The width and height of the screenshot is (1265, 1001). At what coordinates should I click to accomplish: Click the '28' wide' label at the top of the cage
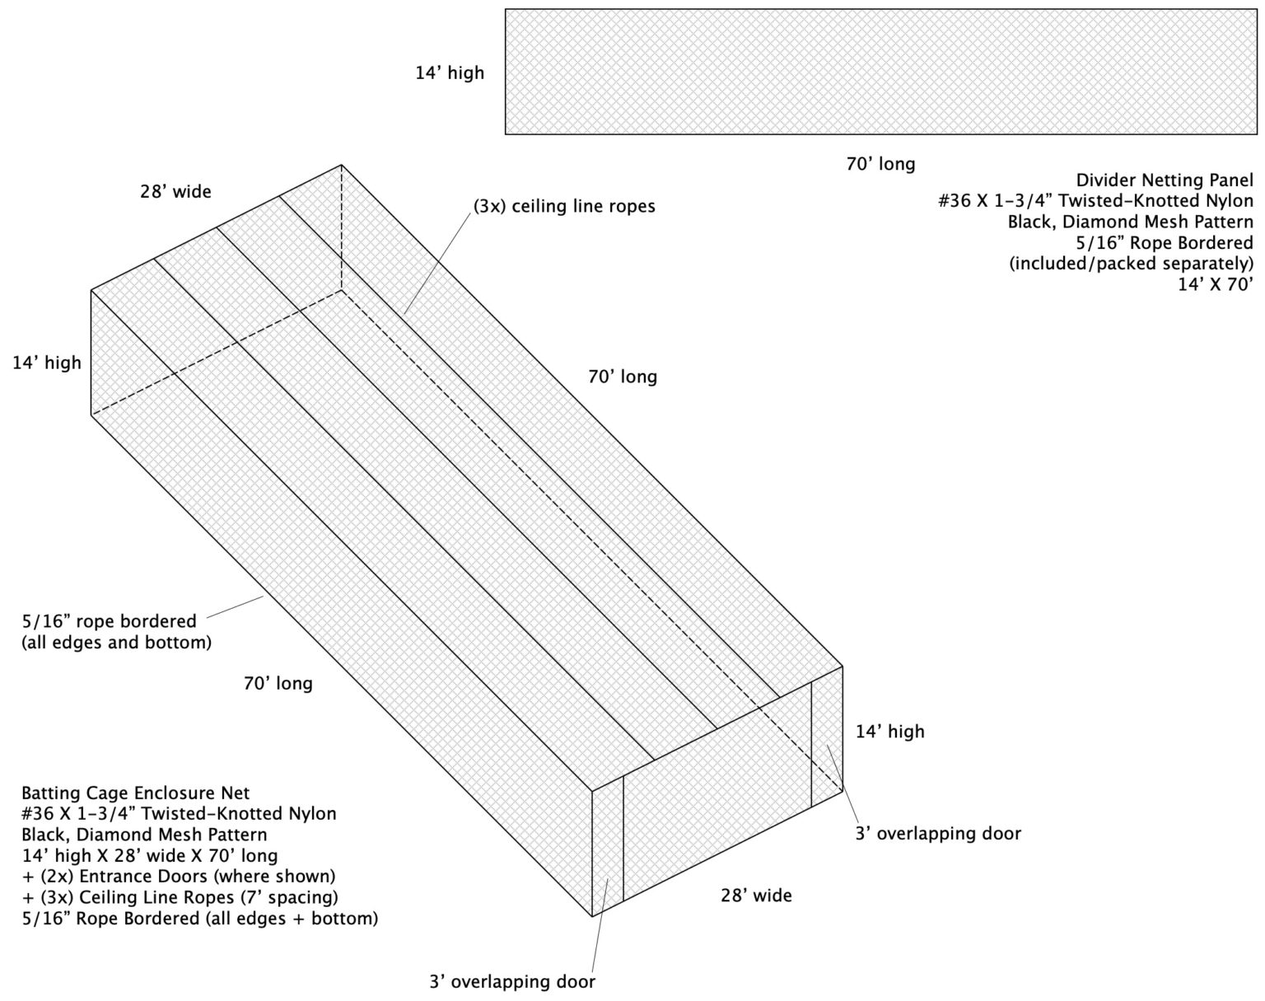[175, 192]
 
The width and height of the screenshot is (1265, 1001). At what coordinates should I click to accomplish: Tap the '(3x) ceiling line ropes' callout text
[564, 206]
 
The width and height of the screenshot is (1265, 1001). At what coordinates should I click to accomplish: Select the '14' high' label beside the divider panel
[450, 73]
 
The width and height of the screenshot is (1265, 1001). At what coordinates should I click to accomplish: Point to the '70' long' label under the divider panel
[880, 164]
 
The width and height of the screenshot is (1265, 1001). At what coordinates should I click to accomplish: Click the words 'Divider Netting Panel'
[1165, 180]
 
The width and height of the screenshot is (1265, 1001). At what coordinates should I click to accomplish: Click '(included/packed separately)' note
[1131, 264]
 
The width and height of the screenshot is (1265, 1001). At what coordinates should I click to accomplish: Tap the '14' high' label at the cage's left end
[47, 363]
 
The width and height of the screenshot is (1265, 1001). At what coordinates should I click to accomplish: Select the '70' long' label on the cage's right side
[623, 377]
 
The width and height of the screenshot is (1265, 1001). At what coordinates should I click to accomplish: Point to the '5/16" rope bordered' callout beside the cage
[109, 621]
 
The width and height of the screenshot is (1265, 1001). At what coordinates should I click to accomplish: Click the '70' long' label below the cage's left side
[278, 683]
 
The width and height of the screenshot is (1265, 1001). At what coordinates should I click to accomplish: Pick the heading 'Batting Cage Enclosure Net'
[135, 793]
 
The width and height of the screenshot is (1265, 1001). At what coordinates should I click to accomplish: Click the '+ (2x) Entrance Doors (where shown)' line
[179, 876]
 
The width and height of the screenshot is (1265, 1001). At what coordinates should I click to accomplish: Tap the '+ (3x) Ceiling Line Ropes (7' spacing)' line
[180, 896]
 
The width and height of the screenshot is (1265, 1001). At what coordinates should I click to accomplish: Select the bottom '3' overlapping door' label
[511, 982]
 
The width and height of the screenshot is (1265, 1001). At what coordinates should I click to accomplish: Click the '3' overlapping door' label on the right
[938, 834]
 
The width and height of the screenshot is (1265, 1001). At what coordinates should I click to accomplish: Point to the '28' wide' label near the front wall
[756, 895]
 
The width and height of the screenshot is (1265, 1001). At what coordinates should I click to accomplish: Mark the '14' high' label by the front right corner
[889, 732]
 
